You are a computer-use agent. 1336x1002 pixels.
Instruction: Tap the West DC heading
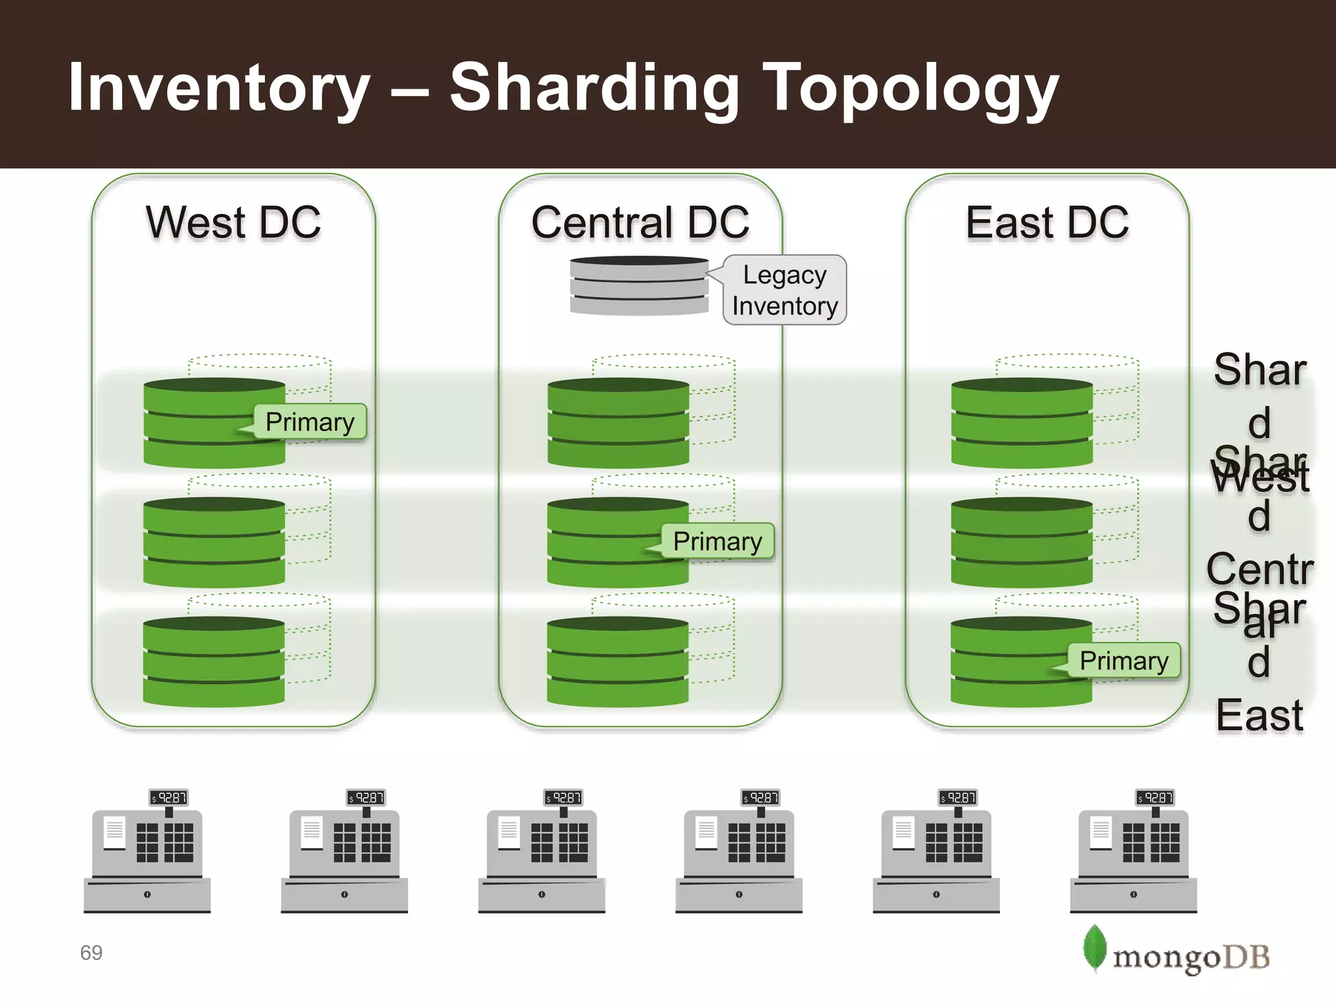234,222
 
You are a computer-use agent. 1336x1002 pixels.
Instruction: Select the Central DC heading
640,222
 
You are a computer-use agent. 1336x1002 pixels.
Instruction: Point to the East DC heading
1047,222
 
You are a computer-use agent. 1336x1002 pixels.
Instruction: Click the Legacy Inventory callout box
785,290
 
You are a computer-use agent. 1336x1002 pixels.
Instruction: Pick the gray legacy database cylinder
639,286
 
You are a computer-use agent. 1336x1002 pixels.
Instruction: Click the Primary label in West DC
310,422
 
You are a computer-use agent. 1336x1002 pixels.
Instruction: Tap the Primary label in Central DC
718,541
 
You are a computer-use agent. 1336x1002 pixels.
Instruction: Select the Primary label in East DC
1124,661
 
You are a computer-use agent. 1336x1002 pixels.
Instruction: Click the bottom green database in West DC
214,661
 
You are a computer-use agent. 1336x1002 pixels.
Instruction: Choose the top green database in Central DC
618,423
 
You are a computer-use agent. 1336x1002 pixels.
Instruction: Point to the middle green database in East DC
1022,542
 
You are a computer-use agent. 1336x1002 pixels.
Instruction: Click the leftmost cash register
147,855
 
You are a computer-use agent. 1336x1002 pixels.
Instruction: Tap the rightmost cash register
1134,855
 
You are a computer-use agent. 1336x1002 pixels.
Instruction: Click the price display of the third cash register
564,797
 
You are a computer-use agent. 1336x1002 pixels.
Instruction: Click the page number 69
91,953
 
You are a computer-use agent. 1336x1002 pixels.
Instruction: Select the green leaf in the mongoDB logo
1094,948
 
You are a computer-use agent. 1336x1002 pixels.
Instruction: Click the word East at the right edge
1259,716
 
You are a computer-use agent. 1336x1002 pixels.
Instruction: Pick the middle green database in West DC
214,542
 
